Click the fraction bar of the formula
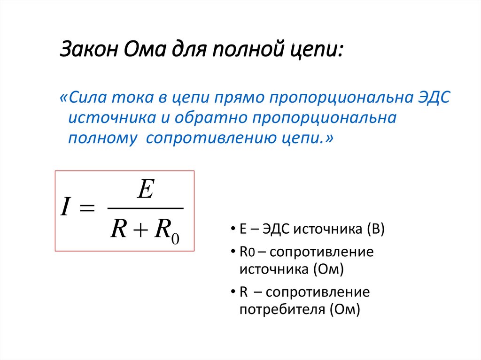click(x=145, y=208)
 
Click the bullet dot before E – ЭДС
click(x=233, y=230)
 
